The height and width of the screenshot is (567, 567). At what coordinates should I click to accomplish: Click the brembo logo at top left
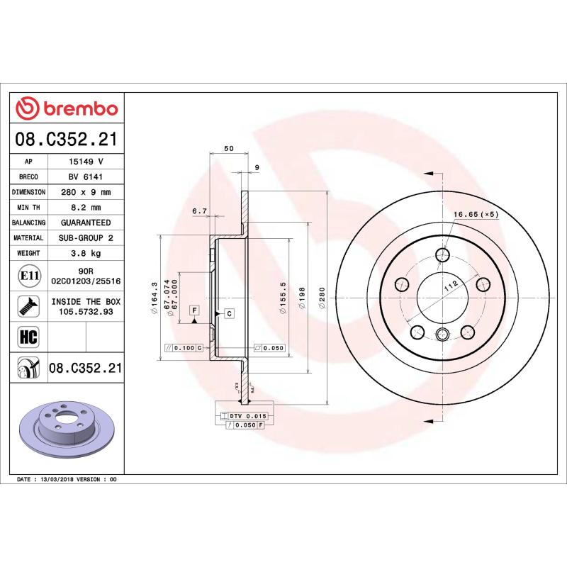point(67,108)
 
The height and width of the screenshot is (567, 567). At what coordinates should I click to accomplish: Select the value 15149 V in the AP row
point(86,162)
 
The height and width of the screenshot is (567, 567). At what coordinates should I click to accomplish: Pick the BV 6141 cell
point(86,177)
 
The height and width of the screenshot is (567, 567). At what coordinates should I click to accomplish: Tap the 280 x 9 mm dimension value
point(86,192)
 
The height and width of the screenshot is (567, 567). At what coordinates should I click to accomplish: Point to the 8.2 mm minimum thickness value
point(86,208)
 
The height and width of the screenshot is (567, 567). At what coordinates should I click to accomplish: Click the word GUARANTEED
point(86,223)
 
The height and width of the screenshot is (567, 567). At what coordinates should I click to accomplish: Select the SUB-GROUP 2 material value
point(86,238)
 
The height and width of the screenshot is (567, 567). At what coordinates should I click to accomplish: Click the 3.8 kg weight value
point(86,253)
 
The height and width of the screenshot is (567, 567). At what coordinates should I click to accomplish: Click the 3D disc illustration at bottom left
point(67,433)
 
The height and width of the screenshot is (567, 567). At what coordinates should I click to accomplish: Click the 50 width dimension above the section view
point(228,148)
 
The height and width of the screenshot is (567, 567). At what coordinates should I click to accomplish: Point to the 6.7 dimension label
point(199,211)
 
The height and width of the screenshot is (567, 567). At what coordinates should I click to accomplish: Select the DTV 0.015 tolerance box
point(245,415)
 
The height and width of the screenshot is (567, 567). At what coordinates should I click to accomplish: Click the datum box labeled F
point(193,311)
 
